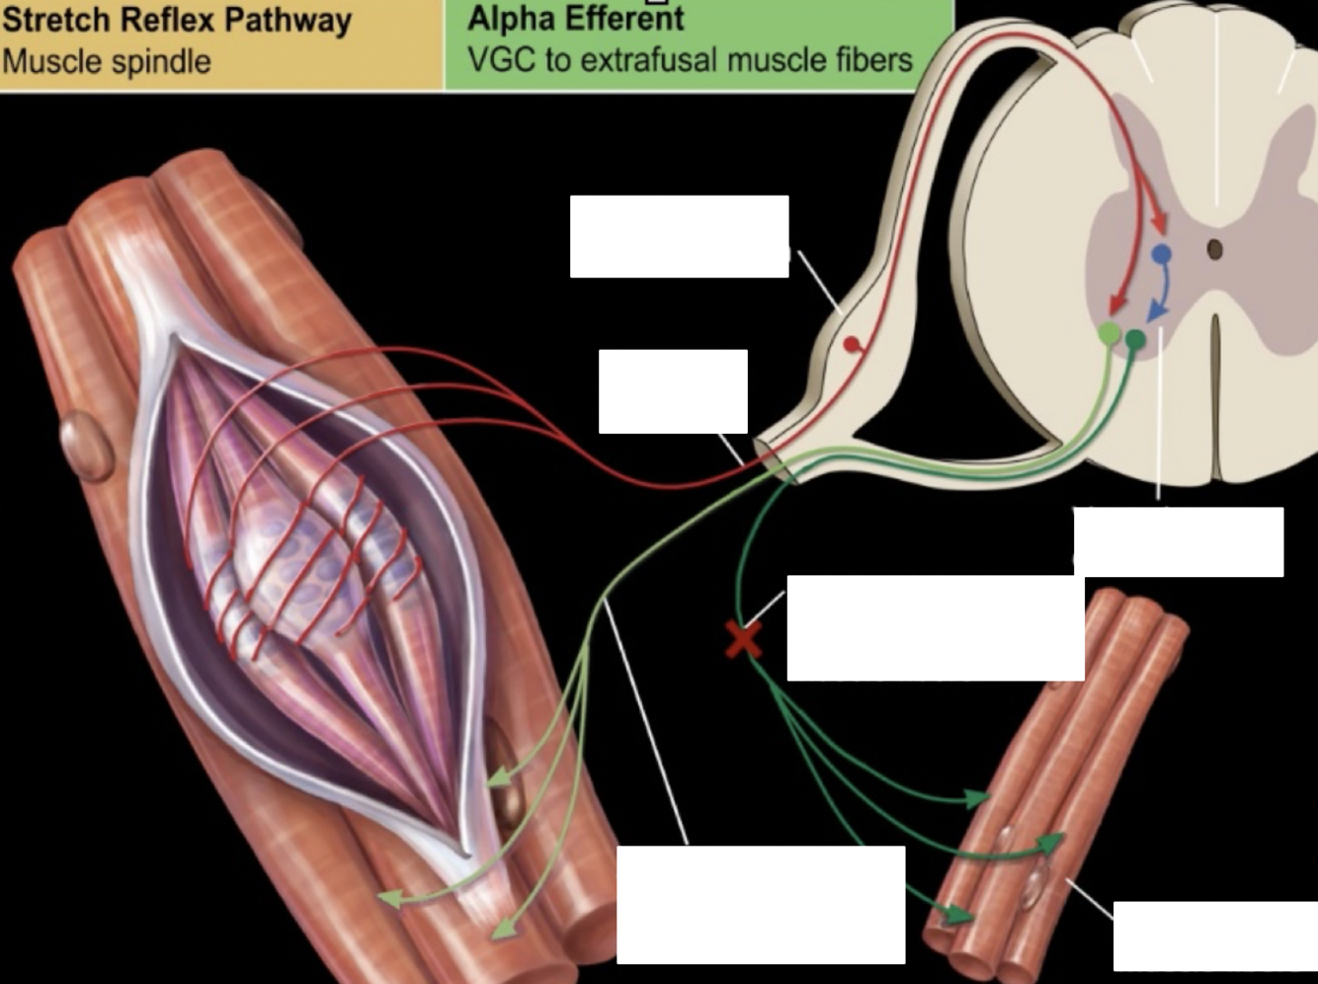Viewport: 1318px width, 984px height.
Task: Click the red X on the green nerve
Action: [743, 639]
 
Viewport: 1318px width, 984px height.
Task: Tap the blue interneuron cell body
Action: [1162, 255]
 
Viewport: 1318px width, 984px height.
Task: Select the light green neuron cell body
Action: [1111, 334]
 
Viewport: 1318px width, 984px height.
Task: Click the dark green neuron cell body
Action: [1135, 341]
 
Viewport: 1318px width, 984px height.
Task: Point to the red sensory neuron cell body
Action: [851, 345]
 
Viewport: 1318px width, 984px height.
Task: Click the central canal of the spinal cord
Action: [1215, 249]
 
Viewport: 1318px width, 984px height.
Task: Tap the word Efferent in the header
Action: [625, 19]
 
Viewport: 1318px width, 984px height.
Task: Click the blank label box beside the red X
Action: [935, 627]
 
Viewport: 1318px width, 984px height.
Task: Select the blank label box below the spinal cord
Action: [1178, 541]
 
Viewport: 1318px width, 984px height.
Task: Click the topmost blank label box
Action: [679, 236]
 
